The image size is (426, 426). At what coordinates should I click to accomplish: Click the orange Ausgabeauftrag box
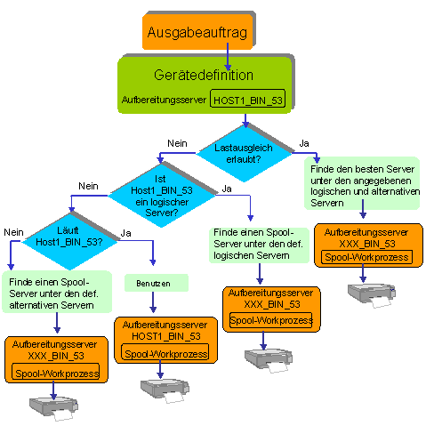click(197, 31)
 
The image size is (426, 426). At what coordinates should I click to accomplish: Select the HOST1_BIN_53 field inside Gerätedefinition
click(247, 99)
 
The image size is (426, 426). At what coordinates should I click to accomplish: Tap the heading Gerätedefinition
click(204, 75)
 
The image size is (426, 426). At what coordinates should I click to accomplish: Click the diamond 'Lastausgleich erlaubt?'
click(245, 153)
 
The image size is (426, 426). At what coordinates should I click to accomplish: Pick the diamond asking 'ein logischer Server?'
click(162, 196)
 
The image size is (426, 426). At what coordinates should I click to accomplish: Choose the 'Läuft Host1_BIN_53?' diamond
click(69, 241)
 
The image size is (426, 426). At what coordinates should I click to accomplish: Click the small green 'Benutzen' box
click(157, 283)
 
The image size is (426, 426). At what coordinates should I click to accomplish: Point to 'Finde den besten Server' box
click(362, 183)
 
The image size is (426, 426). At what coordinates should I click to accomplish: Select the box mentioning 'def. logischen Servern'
click(259, 245)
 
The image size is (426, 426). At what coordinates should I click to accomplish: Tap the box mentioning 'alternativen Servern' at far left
click(57, 292)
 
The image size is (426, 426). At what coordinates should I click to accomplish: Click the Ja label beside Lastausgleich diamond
click(304, 143)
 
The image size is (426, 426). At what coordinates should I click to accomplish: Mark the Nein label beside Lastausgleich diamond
click(177, 143)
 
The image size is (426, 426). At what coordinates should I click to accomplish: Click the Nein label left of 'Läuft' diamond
click(13, 232)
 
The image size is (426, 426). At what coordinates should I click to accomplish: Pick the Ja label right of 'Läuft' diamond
click(125, 233)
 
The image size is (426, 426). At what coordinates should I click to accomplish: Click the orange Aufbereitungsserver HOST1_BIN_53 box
click(166, 340)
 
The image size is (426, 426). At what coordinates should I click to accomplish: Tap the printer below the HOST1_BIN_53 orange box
click(165, 390)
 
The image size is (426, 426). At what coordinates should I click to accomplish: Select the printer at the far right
click(372, 295)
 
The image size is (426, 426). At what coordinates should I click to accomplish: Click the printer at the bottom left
click(53, 408)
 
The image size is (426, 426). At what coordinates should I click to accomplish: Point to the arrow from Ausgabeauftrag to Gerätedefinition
click(228, 57)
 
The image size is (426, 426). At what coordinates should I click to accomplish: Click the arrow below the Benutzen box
click(153, 302)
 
